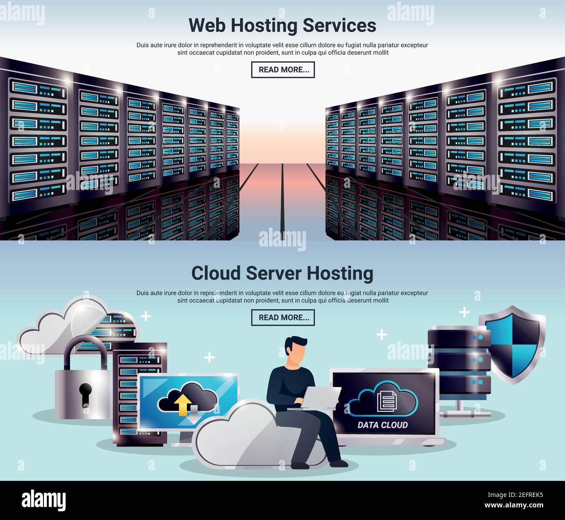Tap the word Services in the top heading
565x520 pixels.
[x=339, y=25]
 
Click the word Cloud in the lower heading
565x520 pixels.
[x=216, y=273]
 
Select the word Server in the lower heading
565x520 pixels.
[x=274, y=273]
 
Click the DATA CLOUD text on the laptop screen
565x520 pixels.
[x=382, y=425]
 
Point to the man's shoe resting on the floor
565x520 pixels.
[x=339, y=463]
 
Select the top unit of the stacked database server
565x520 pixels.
[x=459, y=338]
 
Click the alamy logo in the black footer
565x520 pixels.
[x=43, y=500]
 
